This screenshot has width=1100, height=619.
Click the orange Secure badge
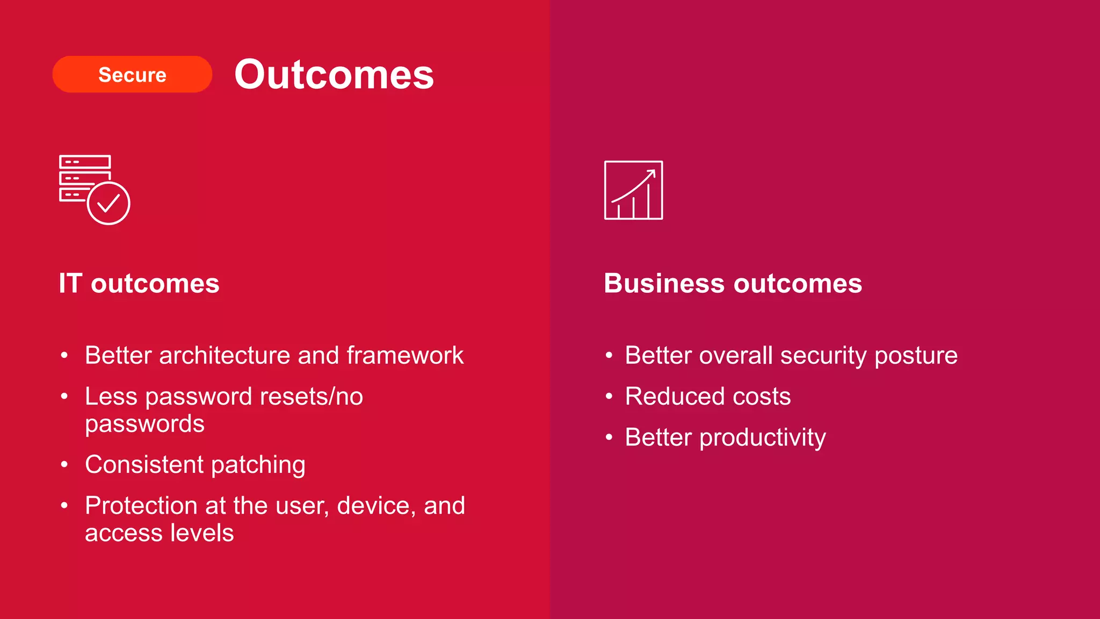[132, 74]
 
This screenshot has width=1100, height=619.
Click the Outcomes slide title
[334, 74]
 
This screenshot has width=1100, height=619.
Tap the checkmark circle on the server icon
[108, 203]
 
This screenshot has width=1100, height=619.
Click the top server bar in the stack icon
[85, 162]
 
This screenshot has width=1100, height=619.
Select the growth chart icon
[633, 190]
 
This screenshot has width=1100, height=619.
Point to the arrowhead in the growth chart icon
[652, 174]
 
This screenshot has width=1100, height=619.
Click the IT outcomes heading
[139, 283]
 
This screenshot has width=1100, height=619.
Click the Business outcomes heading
[733, 283]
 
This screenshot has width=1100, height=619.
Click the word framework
[405, 356]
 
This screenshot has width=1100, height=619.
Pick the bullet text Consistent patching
[195, 465]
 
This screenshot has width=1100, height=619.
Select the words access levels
[159, 533]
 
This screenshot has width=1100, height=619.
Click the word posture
[916, 356]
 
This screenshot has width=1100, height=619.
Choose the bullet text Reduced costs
[707, 397]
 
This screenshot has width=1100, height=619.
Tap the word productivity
[763, 438]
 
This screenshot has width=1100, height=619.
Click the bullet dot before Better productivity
[609, 437]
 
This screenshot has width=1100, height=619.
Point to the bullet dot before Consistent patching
[64, 464]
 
